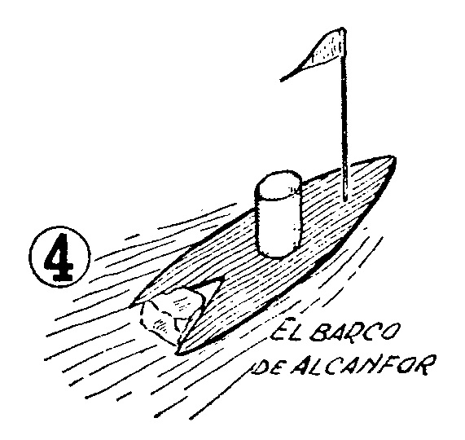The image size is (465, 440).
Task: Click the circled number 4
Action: click(x=60, y=257)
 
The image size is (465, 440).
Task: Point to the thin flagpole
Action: click(x=344, y=116)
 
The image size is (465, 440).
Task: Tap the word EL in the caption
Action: click(x=287, y=328)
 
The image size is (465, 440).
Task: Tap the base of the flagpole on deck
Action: click(x=344, y=200)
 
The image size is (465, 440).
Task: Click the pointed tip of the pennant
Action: click(x=282, y=80)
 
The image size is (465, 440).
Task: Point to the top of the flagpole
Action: click(x=343, y=29)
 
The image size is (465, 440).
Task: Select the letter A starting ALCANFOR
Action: click(x=302, y=367)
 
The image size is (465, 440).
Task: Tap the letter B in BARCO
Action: click(x=321, y=330)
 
